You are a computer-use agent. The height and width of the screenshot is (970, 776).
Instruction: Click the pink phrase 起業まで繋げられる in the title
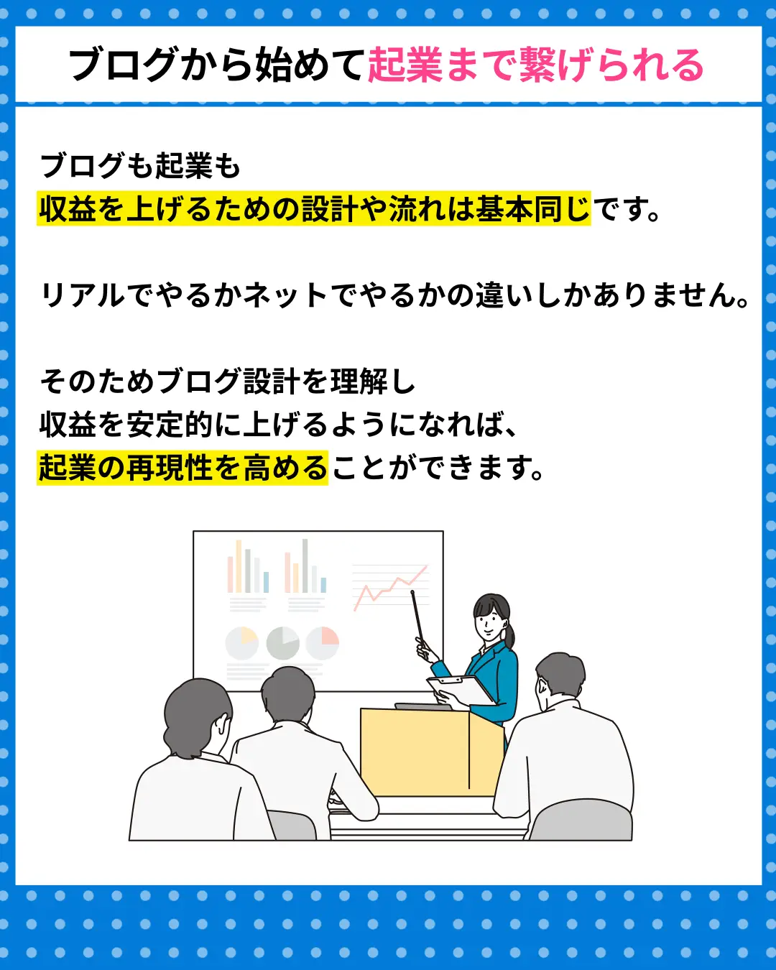point(535,65)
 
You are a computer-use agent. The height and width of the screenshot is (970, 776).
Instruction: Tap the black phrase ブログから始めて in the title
point(216,65)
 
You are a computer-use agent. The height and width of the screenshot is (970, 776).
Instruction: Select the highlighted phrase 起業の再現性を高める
point(183,468)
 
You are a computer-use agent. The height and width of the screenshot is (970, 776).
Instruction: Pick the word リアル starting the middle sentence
point(82,295)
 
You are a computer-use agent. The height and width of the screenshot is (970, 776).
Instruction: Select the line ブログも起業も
point(140,166)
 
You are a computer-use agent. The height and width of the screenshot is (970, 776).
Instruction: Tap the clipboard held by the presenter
point(461,690)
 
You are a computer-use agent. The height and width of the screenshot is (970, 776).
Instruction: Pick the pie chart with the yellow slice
point(242,643)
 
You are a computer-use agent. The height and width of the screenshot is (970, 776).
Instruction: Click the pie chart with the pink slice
point(322,643)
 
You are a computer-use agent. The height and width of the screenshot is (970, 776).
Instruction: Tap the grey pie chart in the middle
point(282,643)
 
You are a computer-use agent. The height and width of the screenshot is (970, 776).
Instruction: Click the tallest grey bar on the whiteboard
point(305,565)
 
